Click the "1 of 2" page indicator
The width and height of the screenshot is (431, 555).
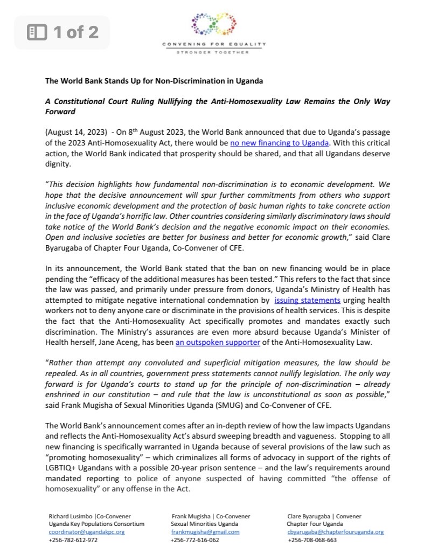pyautogui.click(x=62, y=33)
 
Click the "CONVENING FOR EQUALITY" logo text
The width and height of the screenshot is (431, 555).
pyautogui.click(x=215, y=45)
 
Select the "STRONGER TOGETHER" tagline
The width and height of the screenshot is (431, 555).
pyautogui.click(x=214, y=52)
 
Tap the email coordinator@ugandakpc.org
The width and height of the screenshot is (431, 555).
pyautogui.click(x=86, y=532)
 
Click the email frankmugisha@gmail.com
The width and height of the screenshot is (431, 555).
pyautogui.click(x=205, y=532)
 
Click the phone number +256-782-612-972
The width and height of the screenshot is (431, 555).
pyautogui.click(x=73, y=540)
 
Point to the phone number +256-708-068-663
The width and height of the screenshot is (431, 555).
pyautogui.click(x=312, y=540)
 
